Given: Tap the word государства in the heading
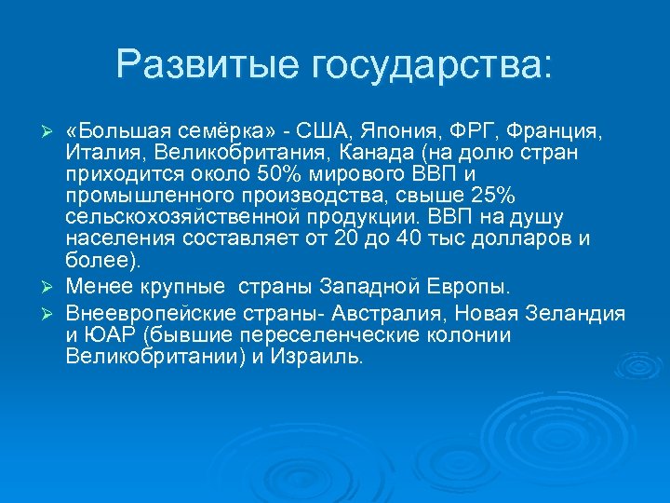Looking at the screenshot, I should [432, 64].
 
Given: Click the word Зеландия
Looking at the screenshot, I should [579, 313].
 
